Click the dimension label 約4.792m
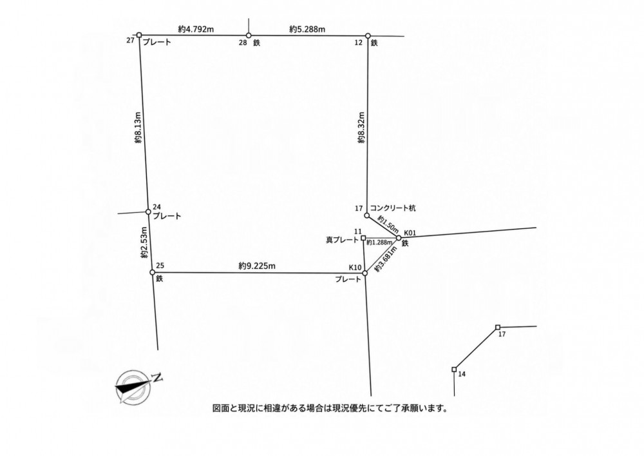pos(196,29)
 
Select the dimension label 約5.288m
pos(307,29)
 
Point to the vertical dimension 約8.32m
pos(361,128)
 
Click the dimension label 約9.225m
pos(257,266)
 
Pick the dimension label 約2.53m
pos(144,243)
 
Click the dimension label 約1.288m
pos(379,243)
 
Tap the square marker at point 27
pos(139,35)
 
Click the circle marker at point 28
pos(249,35)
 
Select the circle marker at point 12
pos(368,35)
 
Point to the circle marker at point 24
pos(148,212)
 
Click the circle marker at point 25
pos(153,272)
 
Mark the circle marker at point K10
pos(365,273)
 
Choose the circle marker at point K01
pos(399,237)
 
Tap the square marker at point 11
pos(363,237)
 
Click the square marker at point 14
pos(454,369)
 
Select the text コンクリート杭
pos(393,208)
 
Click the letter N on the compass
pos(157,377)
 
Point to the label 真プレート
pos(342,240)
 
